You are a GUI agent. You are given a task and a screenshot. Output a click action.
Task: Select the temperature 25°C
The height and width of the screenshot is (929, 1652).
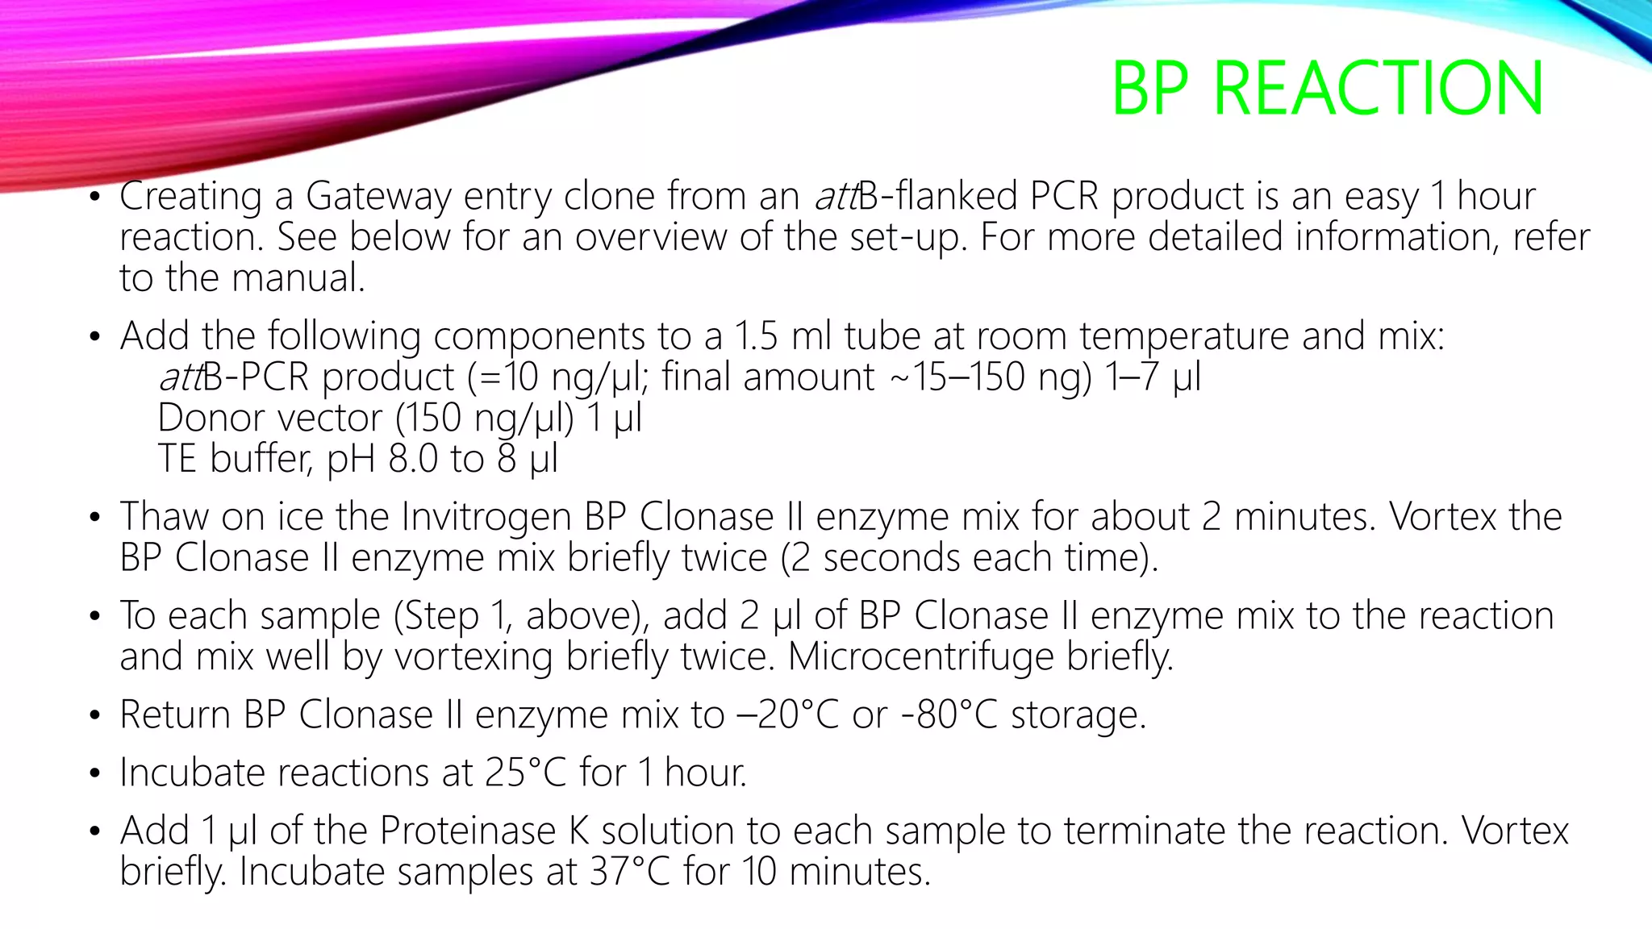[x=526, y=773]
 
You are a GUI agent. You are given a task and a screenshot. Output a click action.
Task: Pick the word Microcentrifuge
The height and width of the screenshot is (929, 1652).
[x=920, y=656]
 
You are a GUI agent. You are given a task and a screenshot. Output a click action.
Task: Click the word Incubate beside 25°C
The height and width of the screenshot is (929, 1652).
[x=193, y=773]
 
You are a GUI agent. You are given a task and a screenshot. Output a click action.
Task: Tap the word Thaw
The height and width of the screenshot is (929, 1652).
[x=165, y=517]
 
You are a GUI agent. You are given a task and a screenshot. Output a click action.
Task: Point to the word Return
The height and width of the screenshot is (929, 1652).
[x=175, y=714]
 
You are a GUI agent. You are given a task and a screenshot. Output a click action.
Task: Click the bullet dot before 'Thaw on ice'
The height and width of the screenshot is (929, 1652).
[x=95, y=518]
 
